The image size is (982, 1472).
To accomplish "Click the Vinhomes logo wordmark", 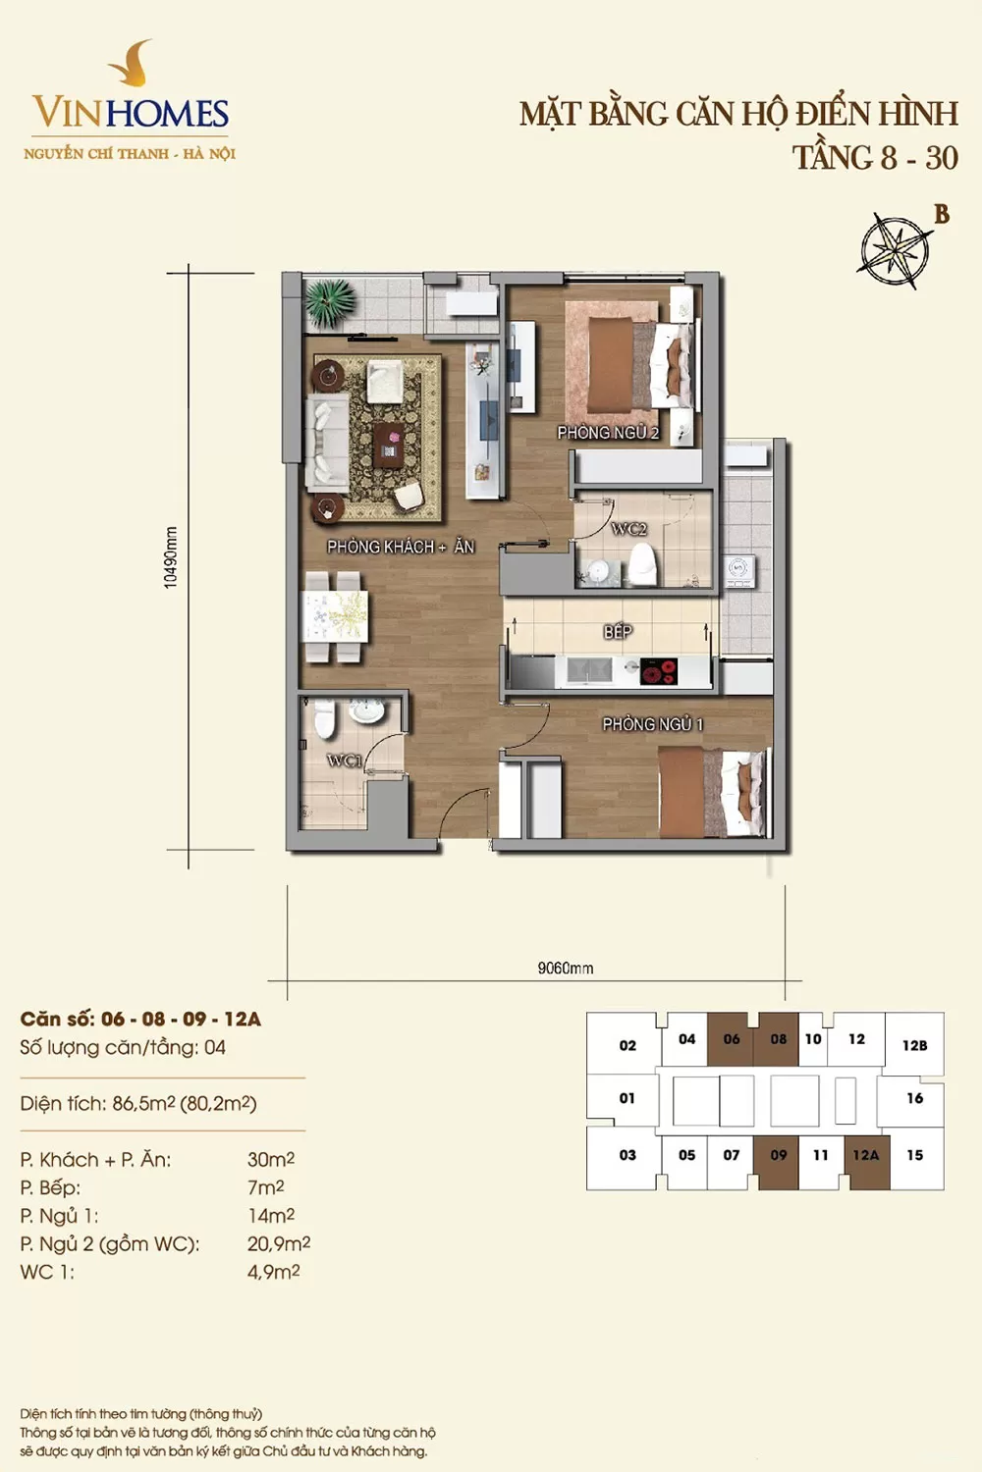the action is [131, 113].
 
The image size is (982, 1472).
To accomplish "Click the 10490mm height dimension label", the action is [171, 557].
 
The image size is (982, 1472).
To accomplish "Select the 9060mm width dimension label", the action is [566, 968].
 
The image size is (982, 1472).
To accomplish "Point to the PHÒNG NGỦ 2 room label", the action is [609, 433].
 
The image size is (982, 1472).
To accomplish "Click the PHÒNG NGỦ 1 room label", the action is [653, 724].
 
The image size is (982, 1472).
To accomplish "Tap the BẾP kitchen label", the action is [618, 632].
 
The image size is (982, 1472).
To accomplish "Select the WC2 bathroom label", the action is [629, 529].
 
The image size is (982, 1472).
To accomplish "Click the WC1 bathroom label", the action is [345, 761].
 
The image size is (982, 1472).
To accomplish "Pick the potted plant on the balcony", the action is [330, 303].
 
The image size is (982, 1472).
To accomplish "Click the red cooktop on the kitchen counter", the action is [659, 671].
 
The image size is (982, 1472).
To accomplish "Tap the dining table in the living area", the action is [335, 616].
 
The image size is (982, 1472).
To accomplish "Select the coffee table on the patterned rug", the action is [388, 445].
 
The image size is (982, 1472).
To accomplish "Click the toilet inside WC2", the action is [643, 564].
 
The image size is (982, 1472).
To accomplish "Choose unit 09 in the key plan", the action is [778, 1155].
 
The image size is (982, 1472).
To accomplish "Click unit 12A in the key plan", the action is [867, 1155].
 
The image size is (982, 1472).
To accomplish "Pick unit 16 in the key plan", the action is [915, 1097].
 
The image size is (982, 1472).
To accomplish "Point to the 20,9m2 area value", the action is [279, 1243].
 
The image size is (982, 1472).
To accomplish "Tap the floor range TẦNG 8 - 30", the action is [875, 158].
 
